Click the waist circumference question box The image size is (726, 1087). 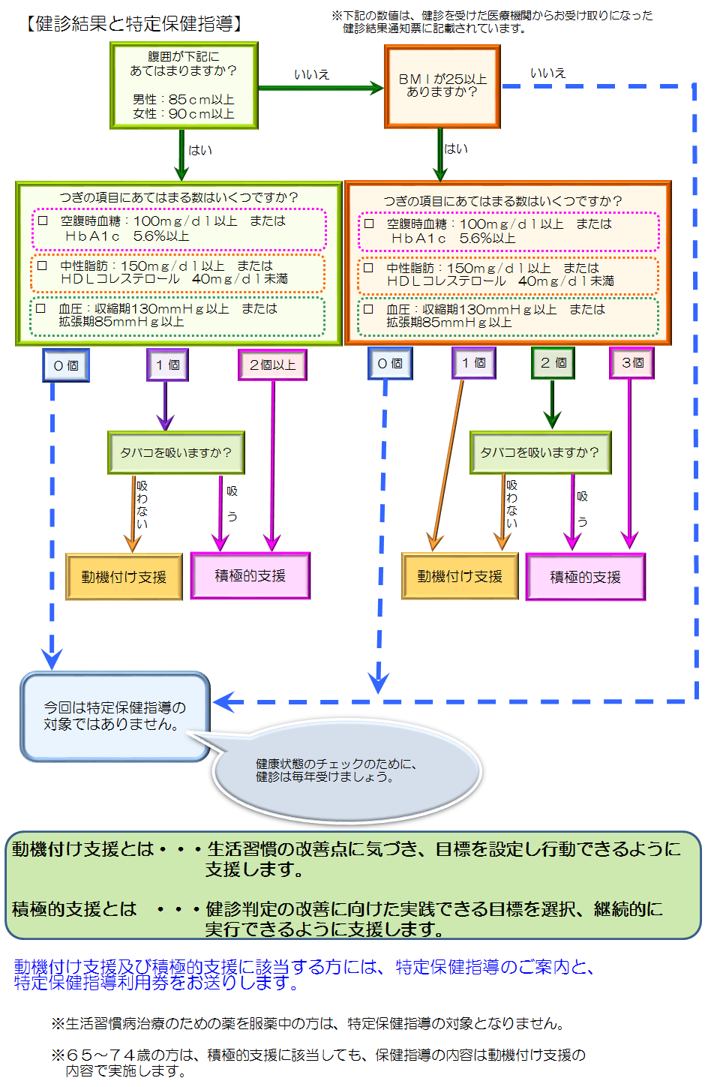[x=184, y=86]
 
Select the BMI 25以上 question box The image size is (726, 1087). [x=442, y=86]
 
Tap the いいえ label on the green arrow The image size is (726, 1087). [x=311, y=74]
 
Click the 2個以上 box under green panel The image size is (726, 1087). [x=272, y=365]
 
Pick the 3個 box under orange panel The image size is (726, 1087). [x=631, y=363]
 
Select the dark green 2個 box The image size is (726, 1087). [x=553, y=363]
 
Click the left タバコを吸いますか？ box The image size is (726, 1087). [x=176, y=452]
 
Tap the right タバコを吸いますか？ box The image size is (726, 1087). [x=540, y=452]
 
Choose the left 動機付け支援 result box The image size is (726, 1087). [x=124, y=577]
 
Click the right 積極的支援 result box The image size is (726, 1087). [x=585, y=577]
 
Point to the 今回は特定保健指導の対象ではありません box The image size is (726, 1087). [x=115, y=716]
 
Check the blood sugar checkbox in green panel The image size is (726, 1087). [x=43, y=221]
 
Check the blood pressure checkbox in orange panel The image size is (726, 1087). [x=368, y=308]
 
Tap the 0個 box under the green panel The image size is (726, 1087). [x=66, y=365]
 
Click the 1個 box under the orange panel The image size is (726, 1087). [x=473, y=363]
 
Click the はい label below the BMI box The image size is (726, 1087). [x=455, y=149]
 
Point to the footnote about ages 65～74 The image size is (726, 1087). [x=319, y=1062]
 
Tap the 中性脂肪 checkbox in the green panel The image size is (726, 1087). [x=43, y=266]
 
